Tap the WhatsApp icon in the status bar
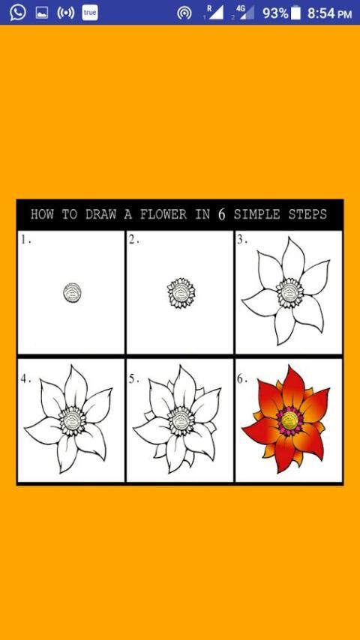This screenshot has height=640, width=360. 17,13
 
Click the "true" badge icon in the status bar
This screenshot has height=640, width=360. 90,13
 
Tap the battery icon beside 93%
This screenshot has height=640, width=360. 295,13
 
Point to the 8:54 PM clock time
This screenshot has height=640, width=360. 329,13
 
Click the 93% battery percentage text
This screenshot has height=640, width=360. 275,13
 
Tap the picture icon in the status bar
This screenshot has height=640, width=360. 42,13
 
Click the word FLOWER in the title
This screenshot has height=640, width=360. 163,214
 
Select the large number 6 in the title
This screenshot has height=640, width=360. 221,214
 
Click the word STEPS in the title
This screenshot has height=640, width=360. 307,214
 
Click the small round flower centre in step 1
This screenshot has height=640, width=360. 72,292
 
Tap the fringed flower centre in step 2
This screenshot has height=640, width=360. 181,293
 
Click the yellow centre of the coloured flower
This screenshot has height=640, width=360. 289,420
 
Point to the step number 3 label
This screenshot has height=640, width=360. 242,240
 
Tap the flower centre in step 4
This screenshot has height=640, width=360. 73,421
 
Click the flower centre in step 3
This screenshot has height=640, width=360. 289,293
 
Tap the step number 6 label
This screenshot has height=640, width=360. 242,378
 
